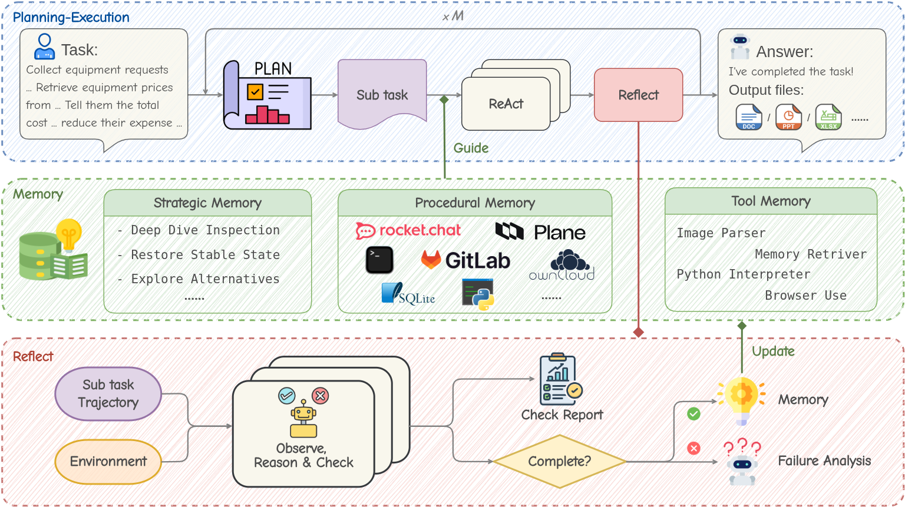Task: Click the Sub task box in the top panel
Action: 382,94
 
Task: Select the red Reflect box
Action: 639,95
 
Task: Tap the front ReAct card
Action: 506,104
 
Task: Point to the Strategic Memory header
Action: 207,203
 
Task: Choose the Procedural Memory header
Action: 475,203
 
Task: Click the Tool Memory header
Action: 771,201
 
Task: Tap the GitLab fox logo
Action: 431,259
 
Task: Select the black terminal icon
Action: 379,260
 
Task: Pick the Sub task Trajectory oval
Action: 108,393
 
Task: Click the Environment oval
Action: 108,461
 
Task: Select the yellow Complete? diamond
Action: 559,461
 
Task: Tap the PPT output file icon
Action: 788,117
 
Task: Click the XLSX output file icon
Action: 828,117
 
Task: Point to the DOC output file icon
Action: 748,117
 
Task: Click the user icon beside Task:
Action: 45,47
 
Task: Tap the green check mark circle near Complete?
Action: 693,414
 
